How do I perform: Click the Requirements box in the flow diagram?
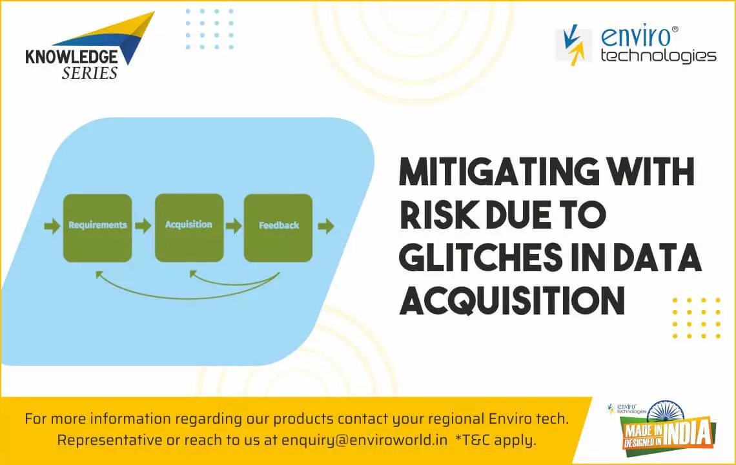[x=97, y=228]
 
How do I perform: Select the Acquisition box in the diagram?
[x=189, y=228]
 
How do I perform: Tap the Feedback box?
[x=278, y=228]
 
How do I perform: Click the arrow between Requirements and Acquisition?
[x=143, y=226]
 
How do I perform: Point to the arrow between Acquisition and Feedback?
[x=233, y=226]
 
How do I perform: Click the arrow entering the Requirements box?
[x=52, y=226]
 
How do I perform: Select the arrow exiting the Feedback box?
[x=326, y=226]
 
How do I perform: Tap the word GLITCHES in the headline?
[x=480, y=258]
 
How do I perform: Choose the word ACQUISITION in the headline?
[x=512, y=300]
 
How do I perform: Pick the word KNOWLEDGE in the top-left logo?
[x=72, y=57]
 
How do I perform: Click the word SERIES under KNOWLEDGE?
[x=90, y=73]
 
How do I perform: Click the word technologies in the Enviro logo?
[x=658, y=56]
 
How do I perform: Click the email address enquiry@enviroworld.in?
[x=364, y=440]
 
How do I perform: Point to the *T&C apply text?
[x=496, y=440]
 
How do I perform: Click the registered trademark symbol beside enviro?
[x=675, y=29]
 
